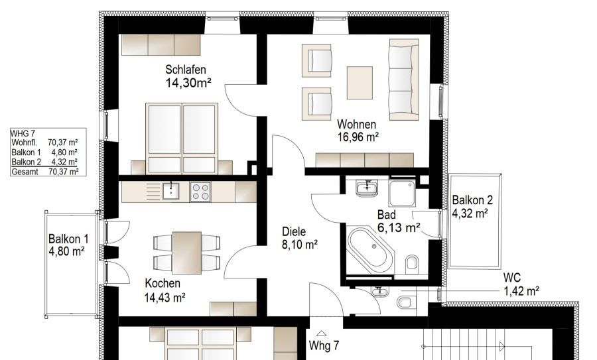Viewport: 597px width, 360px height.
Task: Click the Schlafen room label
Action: click(186, 70)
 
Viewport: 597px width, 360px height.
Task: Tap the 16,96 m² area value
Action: click(358, 137)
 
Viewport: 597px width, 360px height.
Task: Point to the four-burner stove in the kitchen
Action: click(200, 192)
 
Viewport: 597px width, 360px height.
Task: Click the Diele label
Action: click(294, 232)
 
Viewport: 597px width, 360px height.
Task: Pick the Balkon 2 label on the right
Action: click(472, 200)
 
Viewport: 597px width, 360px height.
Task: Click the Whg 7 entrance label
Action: click(324, 346)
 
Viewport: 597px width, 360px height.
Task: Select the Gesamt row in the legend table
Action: click(44, 171)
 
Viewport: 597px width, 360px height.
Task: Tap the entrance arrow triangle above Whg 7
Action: click(322, 333)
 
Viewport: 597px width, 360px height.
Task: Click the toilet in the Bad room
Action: click(412, 263)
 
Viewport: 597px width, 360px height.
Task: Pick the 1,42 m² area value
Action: click(521, 290)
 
